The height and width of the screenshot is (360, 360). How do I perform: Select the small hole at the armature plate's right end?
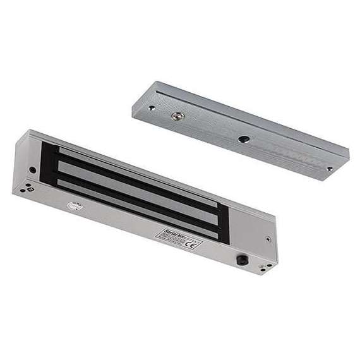pyautogui.click(x=329, y=169)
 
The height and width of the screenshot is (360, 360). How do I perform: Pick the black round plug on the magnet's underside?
pyautogui.click(x=242, y=259)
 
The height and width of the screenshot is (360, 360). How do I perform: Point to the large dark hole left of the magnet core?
pyautogui.click(x=33, y=169)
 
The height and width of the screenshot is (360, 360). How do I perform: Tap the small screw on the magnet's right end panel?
pyautogui.click(x=269, y=239)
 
